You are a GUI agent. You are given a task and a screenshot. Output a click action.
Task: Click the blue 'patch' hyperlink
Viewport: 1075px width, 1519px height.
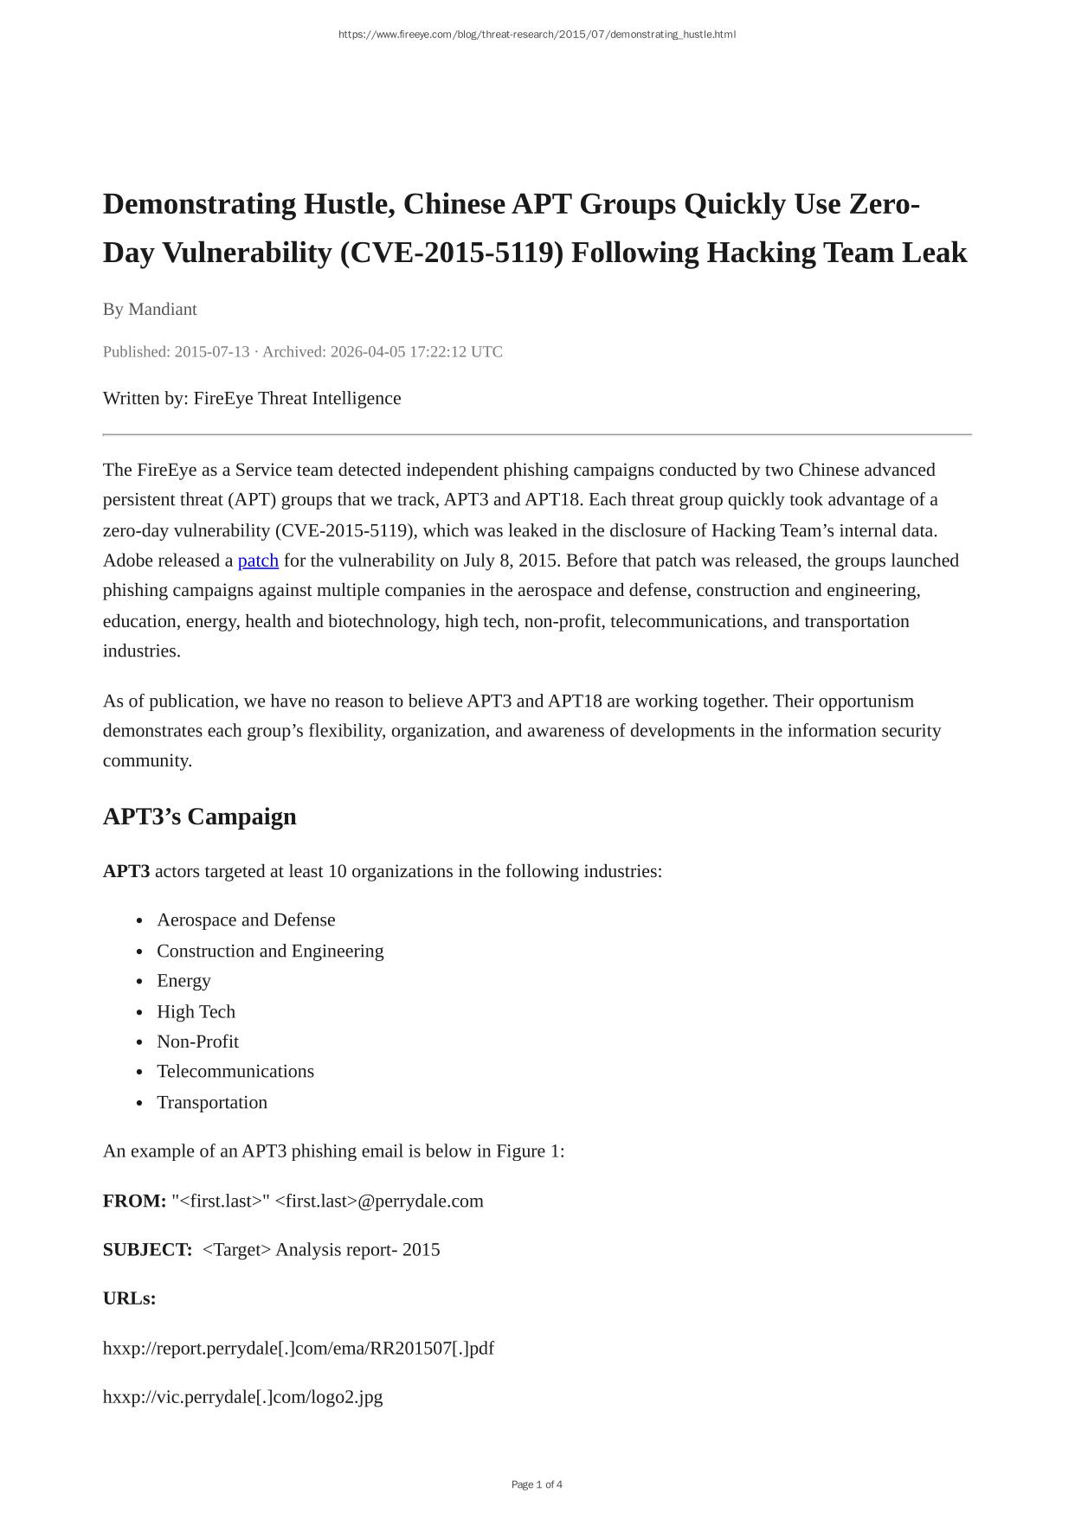click(x=258, y=561)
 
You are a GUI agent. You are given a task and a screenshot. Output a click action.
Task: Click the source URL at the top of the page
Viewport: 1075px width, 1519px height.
click(x=537, y=35)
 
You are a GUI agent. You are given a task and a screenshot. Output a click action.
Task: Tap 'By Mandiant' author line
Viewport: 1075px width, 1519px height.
click(x=150, y=309)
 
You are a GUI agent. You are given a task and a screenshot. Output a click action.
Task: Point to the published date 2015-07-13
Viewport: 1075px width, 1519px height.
click(x=211, y=351)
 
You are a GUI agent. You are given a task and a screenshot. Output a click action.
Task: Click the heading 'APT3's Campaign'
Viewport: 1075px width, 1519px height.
click(x=199, y=817)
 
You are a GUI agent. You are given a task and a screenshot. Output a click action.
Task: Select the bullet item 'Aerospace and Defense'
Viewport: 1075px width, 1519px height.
click(x=246, y=920)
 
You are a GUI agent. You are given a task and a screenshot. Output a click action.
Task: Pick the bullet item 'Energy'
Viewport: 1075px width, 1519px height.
click(x=183, y=980)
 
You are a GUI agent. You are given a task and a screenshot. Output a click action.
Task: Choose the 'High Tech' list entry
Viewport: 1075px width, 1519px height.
click(x=196, y=1011)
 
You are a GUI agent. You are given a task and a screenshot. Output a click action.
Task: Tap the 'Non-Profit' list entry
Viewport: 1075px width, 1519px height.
click(x=197, y=1042)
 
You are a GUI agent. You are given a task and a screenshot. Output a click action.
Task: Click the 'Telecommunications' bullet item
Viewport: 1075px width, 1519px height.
click(x=235, y=1071)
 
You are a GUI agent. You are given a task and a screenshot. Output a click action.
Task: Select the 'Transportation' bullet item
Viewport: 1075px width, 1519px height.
click(x=212, y=1102)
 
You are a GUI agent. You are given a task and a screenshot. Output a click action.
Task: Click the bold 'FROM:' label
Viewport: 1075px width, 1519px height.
click(x=134, y=1201)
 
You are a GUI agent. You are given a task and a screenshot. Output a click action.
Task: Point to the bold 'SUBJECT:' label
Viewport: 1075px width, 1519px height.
click(x=147, y=1249)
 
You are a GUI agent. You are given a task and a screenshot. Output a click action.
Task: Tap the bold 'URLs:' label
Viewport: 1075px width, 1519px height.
click(x=129, y=1298)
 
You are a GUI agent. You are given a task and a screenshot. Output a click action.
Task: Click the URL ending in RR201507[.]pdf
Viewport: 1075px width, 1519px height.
click(x=299, y=1348)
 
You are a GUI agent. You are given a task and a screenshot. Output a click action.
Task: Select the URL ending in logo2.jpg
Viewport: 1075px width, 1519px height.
click(x=242, y=1396)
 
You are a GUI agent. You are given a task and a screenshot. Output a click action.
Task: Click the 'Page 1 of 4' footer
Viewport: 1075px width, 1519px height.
click(x=537, y=1484)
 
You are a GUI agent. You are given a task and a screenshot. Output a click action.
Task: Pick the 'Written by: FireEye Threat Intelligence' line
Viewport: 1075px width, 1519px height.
click(x=252, y=398)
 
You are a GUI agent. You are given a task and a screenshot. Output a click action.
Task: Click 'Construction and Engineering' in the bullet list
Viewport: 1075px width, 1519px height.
click(x=270, y=951)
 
